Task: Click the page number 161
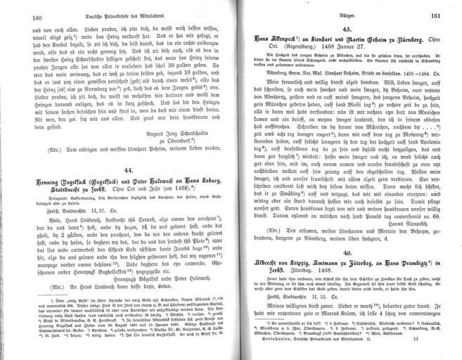click(x=435, y=18)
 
